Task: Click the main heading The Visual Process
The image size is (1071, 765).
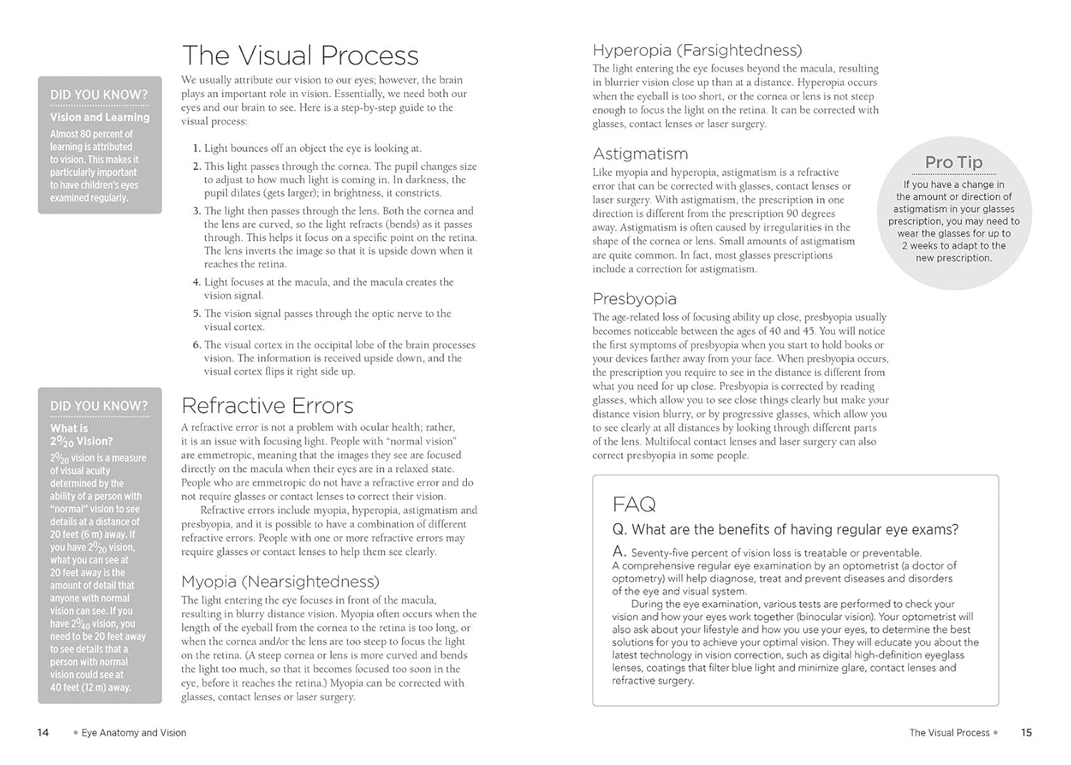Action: [x=300, y=56]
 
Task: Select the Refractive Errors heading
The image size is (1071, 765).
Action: [x=267, y=406]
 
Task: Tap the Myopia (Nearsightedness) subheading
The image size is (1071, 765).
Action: [x=280, y=581]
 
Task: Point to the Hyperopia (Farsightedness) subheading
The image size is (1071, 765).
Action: [x=697, y=50]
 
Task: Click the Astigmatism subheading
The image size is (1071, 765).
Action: [x=640, y=154]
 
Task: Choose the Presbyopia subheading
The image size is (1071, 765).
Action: [x=634, y=299]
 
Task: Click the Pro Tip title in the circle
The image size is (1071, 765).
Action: [x=953, y=163]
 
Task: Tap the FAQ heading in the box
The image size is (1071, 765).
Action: [x=634, y=504]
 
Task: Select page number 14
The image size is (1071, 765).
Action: [x=43, y=732]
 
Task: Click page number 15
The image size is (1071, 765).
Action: [x=1026, y=732]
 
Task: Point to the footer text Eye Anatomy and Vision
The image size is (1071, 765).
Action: [x=134, y=733]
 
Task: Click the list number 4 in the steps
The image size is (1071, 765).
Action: [x=196, y=283]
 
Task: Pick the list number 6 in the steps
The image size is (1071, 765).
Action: [x=196, y=345]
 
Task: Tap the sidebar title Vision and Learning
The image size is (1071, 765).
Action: [x=100, y=117]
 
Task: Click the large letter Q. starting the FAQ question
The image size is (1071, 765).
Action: [x=620, y=529]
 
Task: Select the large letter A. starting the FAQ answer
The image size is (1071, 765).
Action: [x=619, y=551]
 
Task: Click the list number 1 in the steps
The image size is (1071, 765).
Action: [x=196, y=149]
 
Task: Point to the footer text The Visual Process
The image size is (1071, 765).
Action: [x=949, y=733]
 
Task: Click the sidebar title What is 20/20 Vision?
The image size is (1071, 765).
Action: [x=81, y=435]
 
